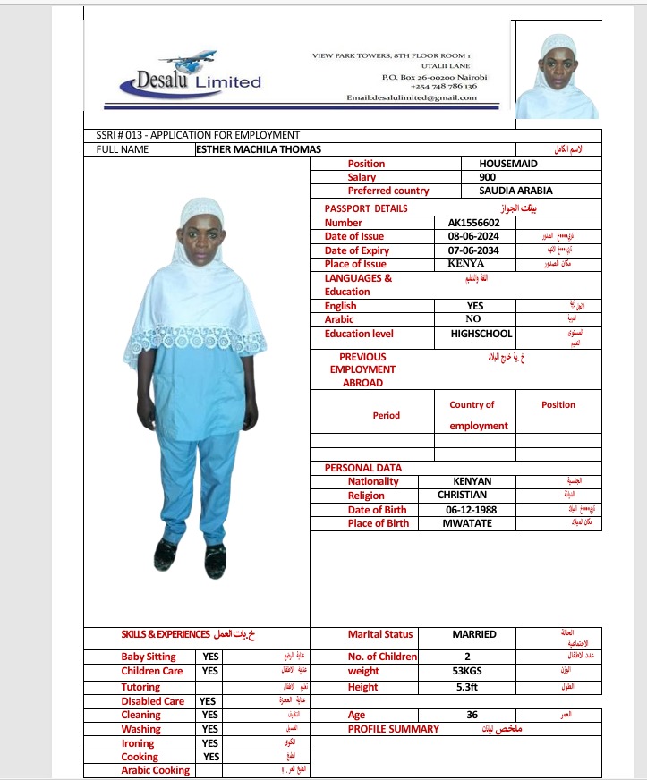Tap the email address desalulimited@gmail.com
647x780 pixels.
point(411,97)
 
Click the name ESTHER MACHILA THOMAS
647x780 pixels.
point(258,149)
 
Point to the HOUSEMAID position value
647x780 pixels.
point(508,164)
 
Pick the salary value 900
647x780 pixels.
point(488,177)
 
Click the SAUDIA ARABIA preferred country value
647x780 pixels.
point(515,191)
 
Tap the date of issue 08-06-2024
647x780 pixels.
point(473,236)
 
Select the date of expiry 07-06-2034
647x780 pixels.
point(473,250)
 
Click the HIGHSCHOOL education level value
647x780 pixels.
point(481,334)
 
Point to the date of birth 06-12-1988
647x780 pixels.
point(471,510)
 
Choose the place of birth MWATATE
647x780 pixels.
point(467,523)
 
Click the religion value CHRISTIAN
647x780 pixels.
point(462,495)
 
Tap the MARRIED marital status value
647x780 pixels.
point(473,634)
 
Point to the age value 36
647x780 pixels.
point(472,716)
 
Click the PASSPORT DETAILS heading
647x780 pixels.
point(365,208)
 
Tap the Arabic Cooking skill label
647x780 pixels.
point(156,770)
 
